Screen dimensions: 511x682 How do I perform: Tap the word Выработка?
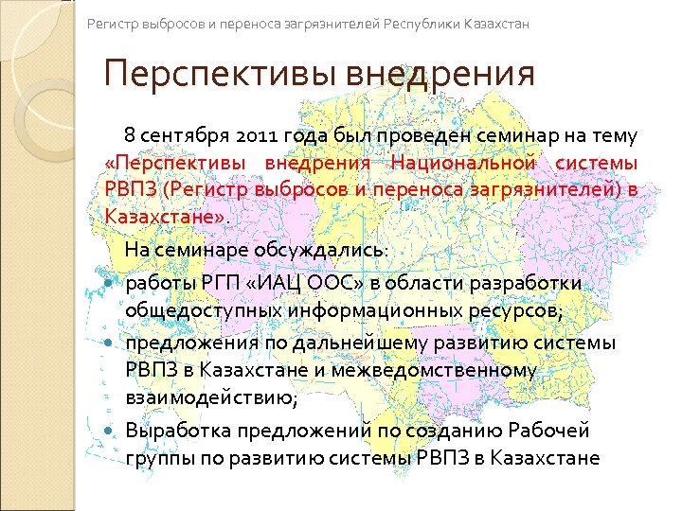point(174,431)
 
